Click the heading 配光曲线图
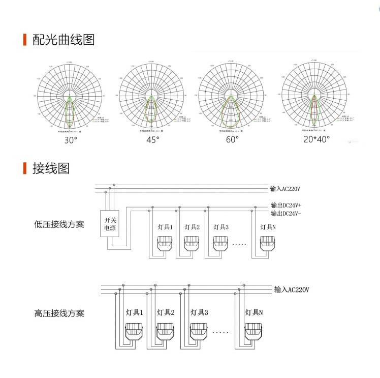pos(64,40)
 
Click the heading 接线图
pos(51,168)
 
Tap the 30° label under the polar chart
pos(71,139)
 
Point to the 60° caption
pos(232,139)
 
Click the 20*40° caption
pos(316,139)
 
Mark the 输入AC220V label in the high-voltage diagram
pos(292,289)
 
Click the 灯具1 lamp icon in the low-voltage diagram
pos(164,243)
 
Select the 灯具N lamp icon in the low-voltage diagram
pos(267,243)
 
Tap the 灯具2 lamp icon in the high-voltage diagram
pos(166,331)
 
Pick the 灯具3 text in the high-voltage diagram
pos(200,312)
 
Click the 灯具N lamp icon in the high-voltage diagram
pos(254,331)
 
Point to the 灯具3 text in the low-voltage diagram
pos(221,227)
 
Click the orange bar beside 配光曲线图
pos(25,40)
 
